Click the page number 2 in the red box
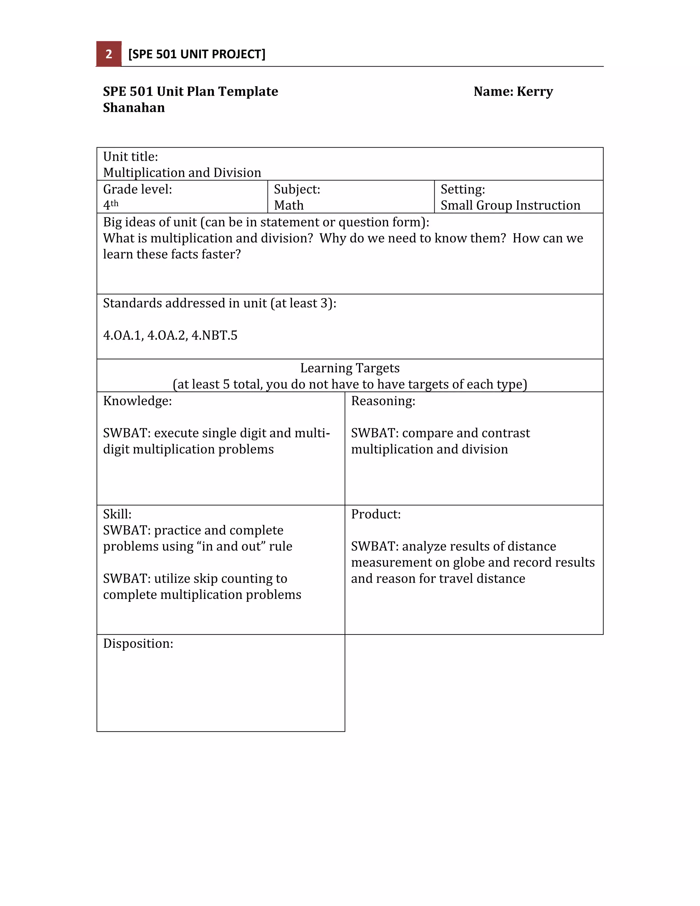109,54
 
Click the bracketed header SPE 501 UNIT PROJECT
197,54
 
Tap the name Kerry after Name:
535,91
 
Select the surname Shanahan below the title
134,108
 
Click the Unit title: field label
130,156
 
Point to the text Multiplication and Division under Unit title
182,173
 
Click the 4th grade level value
110,205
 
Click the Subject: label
297,189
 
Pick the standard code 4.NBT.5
214,335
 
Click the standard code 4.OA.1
123,335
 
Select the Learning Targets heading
350,368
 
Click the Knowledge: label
137,401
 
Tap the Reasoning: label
383,401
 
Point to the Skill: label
117,514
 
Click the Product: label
376,514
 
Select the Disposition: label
138,643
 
